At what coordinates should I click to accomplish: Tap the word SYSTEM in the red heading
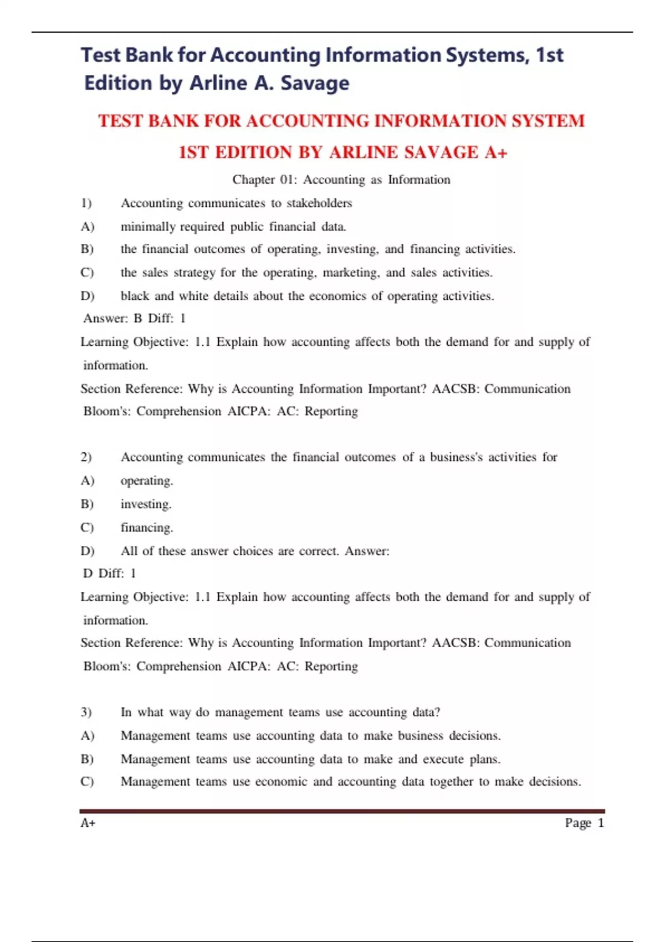[x=548, y=121]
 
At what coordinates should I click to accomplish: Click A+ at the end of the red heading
[x=496, y=152]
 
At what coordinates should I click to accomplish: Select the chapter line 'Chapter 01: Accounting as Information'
[x=341, y=180]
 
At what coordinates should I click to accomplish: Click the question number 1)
[x=86, y=203]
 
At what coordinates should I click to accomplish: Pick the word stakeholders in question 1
[x=319, y=203]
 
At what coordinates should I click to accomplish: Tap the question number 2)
[x=86, y=457]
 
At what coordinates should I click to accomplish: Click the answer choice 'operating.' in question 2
[x=147, y=481]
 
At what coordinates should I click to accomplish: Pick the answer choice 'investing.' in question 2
[x=146, y=504]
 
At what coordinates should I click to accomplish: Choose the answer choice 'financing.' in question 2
[x=147, y=528]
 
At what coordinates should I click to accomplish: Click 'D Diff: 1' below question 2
[x=109, y=574]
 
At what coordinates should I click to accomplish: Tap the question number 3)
[x=86, y=712]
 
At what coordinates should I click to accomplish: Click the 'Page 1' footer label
[x=584, y=823]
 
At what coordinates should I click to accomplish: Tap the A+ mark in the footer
[x=88, y=823]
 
